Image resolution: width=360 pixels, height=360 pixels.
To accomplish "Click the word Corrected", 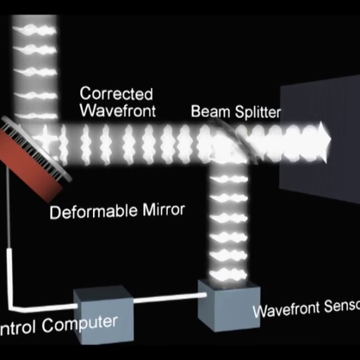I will pos(116,94).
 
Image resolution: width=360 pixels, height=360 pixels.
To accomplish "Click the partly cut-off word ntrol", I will pos(16,328).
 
